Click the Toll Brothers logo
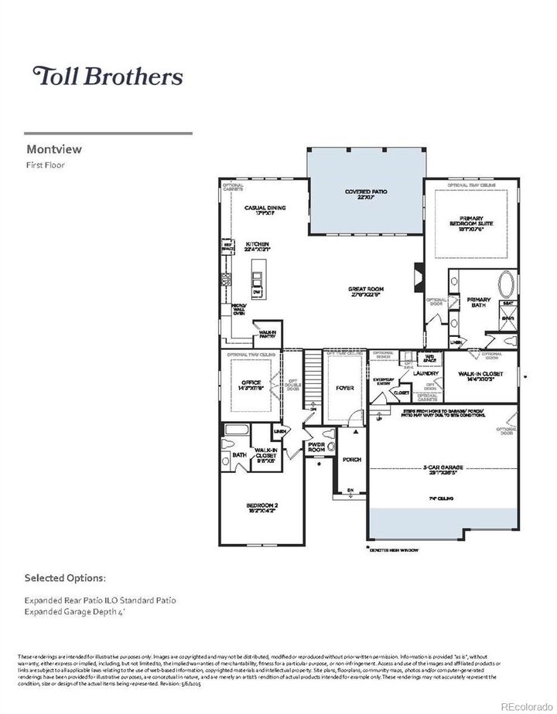[107, 76]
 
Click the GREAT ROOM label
[366, 291]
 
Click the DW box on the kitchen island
[256, 290]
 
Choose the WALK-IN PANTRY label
[268, 334]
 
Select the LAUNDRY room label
[425, 373]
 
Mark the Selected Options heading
[64, 577]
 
